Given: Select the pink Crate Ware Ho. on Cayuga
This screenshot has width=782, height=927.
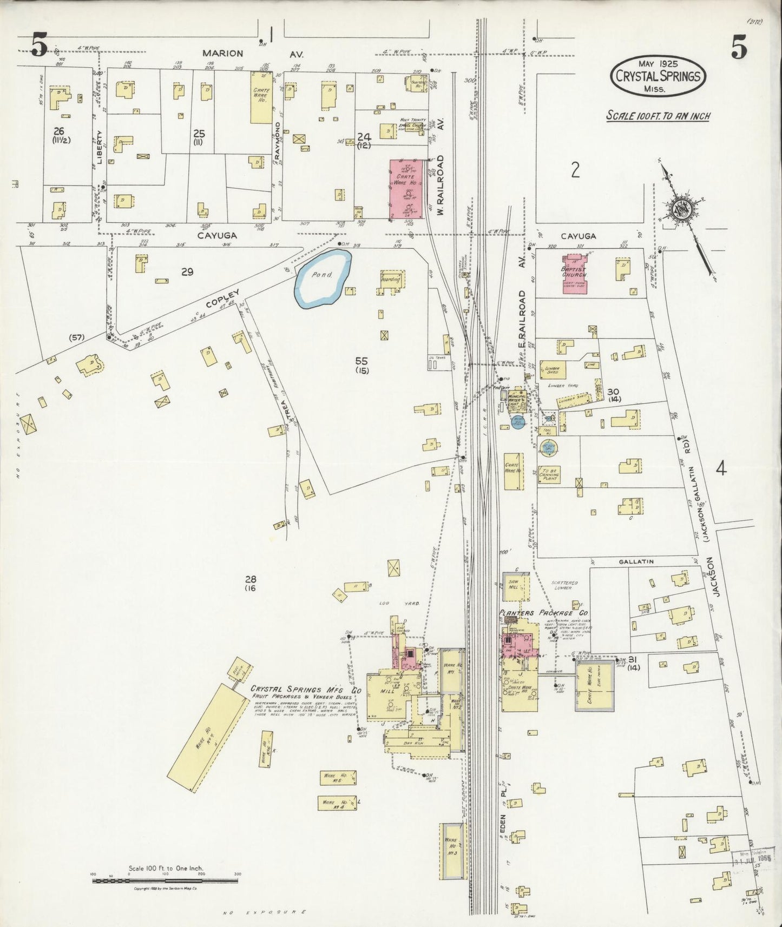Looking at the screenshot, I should tap(405, 188).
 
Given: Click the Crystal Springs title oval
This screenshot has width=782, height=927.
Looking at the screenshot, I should tap(658, 76).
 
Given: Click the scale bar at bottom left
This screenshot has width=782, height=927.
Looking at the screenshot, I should tap(165, 881).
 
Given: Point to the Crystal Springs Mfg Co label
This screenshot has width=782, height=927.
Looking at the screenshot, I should tap(305, 690).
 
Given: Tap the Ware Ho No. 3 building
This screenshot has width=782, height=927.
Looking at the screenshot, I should tap(452, 851).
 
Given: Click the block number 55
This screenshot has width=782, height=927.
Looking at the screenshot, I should tap(362, 361).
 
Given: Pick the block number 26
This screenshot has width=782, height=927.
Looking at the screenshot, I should tap(59, 131).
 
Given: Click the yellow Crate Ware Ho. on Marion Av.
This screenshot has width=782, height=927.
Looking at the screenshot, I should tap(261, 97).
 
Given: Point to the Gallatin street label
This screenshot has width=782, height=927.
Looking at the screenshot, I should tap(637, 562).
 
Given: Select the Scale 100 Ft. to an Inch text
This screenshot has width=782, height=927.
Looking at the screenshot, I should tap(658, 116).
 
